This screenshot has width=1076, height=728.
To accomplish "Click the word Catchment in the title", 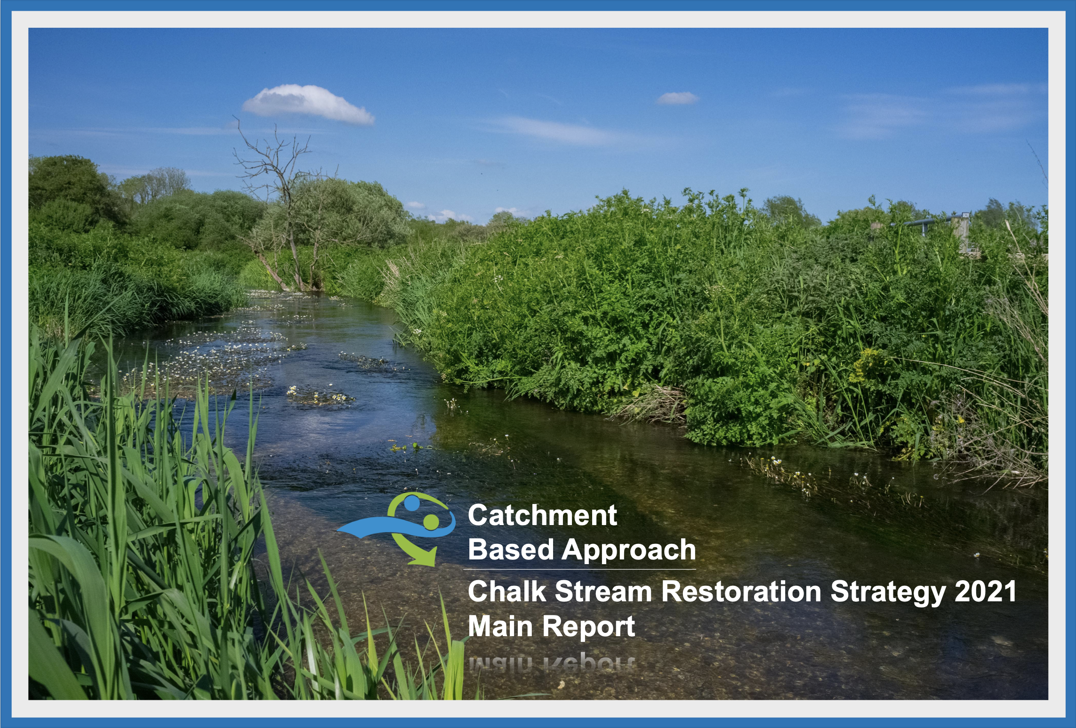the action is pyautogui.click(x=542, y=515).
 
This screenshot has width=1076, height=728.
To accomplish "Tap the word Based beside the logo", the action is pyautogui.click(x=511, y=550).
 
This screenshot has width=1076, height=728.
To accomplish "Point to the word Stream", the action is pyautogui.click(x=603, y=591).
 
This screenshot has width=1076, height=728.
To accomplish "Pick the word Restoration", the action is pyautogui.click(x=741, y=591).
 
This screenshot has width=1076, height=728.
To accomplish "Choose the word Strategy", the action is pyautogui.click(x=888, y=593).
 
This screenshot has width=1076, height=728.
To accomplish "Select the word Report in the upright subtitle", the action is pyautogui.click(x=588, y=627).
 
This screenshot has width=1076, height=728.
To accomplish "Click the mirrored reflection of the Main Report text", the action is pyautogui.click(x=552, y=663).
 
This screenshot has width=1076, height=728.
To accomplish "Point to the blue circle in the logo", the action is pyautogui.click(x=411, y=503).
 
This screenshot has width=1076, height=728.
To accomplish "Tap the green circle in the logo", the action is pyautogui.click(x=431, y=521).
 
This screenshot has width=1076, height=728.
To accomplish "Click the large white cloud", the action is pyautogui.click(x=308, y=104).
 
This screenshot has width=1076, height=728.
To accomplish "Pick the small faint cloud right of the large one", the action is pyautogui.click(x=677, y=98).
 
